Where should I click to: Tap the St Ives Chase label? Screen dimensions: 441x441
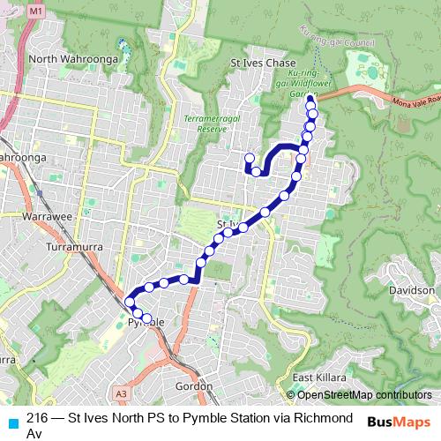pos(262,64)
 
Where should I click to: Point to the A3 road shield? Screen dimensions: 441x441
pos(122,393)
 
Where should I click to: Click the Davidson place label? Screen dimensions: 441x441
pos(412,290)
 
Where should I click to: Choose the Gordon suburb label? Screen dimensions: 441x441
pos(195,385)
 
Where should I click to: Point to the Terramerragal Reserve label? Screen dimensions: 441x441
pos(206,122)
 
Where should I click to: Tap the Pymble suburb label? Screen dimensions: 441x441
pos(146,323)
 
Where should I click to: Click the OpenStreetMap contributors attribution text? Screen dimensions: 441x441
pos(363,395)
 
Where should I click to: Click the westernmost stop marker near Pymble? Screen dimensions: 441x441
pos(130,303)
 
